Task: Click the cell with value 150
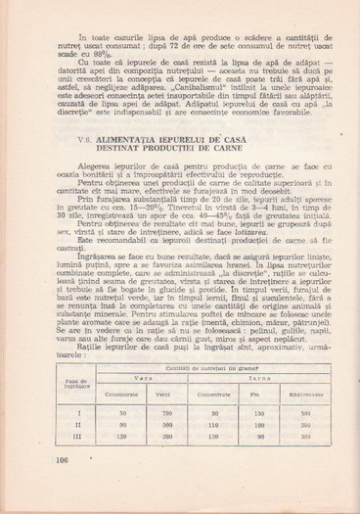tap(258, 414)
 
